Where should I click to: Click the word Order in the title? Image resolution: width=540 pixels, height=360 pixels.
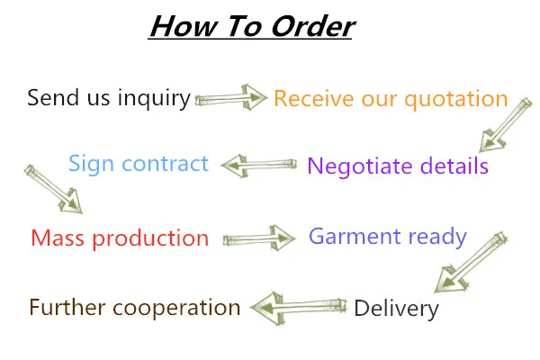[308, 26]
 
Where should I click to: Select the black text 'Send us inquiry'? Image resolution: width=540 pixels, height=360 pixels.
[108, 97]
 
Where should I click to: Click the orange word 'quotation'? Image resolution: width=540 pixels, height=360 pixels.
[446, 98]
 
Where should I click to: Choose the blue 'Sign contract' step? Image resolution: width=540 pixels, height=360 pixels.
[139, 165]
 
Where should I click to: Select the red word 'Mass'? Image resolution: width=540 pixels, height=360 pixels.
[57, 238]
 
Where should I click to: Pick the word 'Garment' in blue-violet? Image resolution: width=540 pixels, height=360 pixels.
[354, 237]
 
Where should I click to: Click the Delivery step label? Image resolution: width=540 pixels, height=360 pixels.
[396, 310]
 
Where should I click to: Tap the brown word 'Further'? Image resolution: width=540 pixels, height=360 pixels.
[64, 308]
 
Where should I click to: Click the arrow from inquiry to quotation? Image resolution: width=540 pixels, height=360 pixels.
[231, 96]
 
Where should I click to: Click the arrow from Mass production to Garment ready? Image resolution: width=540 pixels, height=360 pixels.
[259, 238]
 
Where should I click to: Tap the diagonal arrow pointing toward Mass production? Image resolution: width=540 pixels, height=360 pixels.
[54, 188]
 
